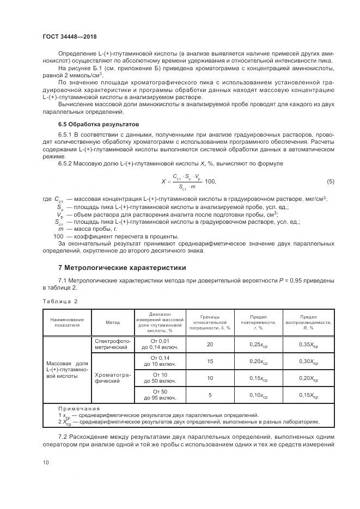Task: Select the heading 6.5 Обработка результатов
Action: pyautogui.click(x=91, y=124)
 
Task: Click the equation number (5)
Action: pyautogui.click(x=330, y=181)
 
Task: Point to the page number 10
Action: pyautogui.click(x=46, y=462)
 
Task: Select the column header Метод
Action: pyautogui.click(x=113, y=322)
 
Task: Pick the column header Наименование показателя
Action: pyautogui.click(x=67, y=322)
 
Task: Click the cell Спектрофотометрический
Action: pyautogui.click(x=112, y=344)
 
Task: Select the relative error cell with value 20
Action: pyautogui.click(x=210, y=344)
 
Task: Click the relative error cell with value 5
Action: pyautogui.click(x=210, y=395)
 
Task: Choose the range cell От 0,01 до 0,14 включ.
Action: pyautogui.click(x=160, y=344)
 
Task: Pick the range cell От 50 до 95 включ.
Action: pyautogui.click(x=160, y=395)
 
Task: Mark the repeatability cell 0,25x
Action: pyautogui.click(x=259, y=344)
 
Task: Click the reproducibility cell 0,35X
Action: pyautogui.click(x=308, y=344)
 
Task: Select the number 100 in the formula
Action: pyautogui.click(x=210, y=181)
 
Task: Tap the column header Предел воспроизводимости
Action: pyautogui.click(x=308, y=322)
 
